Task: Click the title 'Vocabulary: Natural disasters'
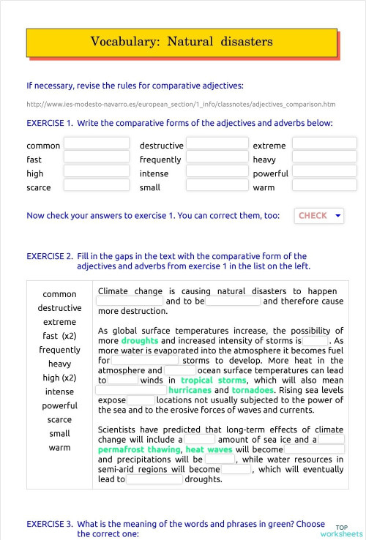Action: click(182, 42)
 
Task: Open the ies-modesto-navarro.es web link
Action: click(180, 104)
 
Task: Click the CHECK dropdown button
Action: click(319, 216)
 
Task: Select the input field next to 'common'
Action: click(96, 144)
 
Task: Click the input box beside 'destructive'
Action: click(217, 144)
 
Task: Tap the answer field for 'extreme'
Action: click(324, 144)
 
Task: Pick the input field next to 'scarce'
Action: click(96, 186)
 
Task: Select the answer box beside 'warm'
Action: click(324, 186)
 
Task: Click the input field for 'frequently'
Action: click(217, 158)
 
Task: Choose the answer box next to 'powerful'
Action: click(324, 172)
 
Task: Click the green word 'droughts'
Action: click(139, 341)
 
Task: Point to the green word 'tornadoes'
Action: click(253, 390)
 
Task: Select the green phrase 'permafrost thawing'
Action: click(138, 449)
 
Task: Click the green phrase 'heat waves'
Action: click(209, 449)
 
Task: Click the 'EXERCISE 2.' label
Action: click(49, 257)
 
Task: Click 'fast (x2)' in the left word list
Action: click(59, 336)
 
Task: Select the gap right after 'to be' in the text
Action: click(233, 301)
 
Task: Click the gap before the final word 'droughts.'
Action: click(154, 479)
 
